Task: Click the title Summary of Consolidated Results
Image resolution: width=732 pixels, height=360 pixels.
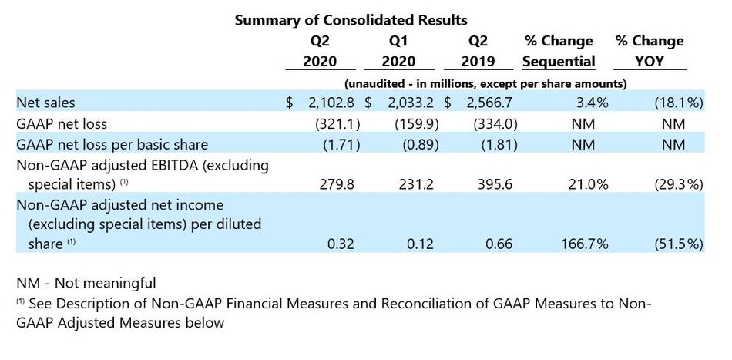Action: pos(351,19)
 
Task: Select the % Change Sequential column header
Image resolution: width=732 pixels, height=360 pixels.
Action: pos(559,51)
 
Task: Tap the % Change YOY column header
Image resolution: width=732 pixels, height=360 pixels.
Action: pos(649,51)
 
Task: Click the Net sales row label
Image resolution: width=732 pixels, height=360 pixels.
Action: pos(46,102)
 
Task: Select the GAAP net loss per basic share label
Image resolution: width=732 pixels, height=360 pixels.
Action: pos(112,143)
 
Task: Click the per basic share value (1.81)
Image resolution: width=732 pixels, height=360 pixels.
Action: pos(492,143)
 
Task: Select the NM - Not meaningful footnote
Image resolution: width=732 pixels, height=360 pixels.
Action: pos(86,283)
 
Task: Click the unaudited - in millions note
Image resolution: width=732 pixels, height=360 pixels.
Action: pos(485,82)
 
